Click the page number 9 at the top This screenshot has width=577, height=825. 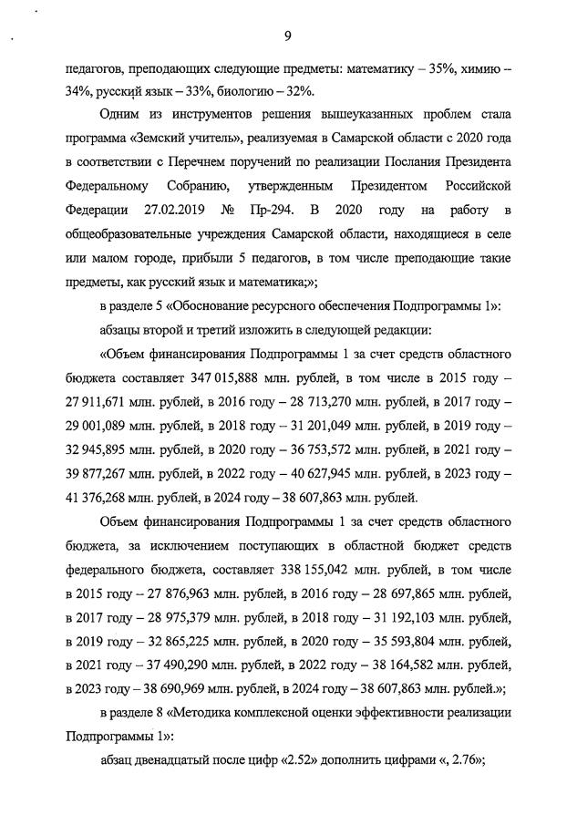[287, 36]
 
